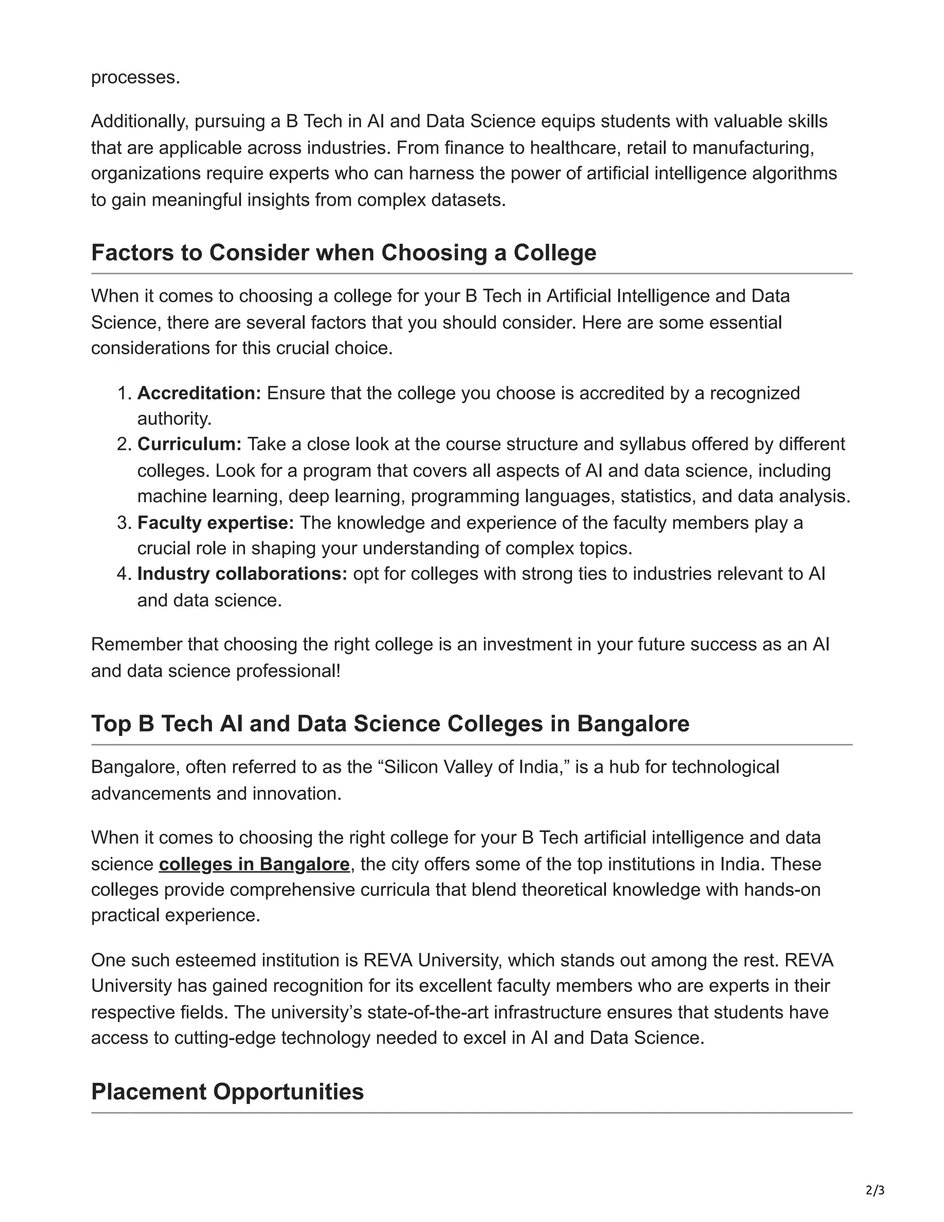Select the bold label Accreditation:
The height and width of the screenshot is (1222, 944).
(199, 393)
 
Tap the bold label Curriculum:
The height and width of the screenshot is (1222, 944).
(189, 444)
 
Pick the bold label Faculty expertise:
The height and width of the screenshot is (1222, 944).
(215, 522)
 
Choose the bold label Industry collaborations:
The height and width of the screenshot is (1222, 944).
(242, 574)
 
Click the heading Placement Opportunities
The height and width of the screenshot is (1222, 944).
(227, 1091)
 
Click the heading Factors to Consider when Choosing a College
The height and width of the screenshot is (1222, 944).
(343, 252)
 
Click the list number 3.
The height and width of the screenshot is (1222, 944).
(123, 522)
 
